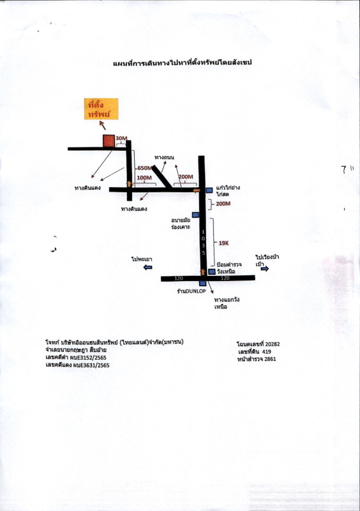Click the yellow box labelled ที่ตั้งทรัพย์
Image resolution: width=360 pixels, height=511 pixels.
(101, 109)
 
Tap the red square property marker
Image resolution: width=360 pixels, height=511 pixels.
(109, 141)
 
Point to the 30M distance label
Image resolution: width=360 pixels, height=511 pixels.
(121, 138)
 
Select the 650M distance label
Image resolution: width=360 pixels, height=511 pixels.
(145, 168)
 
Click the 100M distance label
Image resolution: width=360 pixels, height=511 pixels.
(144, 178)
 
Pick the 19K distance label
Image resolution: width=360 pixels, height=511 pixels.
(223, 243)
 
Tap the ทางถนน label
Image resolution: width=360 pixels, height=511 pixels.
(164, 157)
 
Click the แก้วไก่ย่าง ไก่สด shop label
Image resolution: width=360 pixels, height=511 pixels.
(228, 191)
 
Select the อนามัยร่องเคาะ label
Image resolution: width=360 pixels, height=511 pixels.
(181, 223)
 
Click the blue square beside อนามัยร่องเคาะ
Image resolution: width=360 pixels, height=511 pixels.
(195, 215)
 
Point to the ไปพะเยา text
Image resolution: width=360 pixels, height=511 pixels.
(142, 259)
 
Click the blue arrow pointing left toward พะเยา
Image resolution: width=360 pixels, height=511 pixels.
(148, 268)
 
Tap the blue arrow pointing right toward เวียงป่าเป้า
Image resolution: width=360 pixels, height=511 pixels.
(265, 268)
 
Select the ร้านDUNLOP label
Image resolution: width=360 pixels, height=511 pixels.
(191, 291)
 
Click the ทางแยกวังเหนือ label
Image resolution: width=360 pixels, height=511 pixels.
(227, 303)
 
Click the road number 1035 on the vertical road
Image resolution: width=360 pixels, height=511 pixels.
(203, 243)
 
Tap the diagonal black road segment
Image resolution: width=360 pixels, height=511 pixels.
(162, 177)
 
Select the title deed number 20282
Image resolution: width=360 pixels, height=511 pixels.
(273, 344)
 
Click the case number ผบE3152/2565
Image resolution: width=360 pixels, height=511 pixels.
(88, 358)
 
